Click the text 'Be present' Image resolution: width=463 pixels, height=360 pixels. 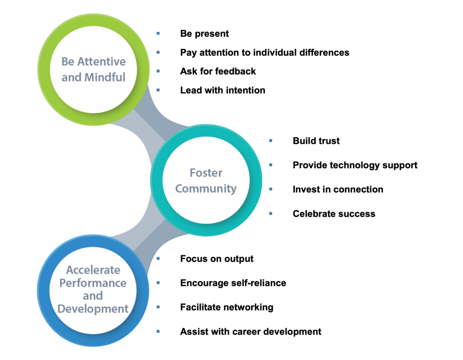[204, 34]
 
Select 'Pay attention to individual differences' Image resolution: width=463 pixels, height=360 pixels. [265, 53]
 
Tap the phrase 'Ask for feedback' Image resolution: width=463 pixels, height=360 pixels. [218, 71]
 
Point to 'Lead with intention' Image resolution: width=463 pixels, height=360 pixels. [222, 90]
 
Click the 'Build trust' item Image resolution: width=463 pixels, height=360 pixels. [316, 141]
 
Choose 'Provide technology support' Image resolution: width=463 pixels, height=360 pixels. [355, 166]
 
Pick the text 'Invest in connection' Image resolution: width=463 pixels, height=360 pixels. [338, 189]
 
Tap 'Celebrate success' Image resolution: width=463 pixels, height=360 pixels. [334, 214]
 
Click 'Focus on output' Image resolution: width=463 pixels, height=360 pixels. [217, 259]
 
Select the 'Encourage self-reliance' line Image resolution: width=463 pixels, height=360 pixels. [233, 283]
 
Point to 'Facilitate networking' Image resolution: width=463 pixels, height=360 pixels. [227, 308]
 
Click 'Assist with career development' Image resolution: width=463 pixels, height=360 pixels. [250, 332]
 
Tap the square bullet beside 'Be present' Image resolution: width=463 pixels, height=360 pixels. [158, 33]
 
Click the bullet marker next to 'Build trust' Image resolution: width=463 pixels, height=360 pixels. [271, 141]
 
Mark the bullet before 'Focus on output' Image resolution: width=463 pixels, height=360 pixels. [158, 259]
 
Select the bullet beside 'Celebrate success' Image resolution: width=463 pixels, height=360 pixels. [271, 213]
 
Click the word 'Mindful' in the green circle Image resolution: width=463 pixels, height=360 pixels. [105, 77]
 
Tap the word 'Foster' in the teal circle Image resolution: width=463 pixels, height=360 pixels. [206, 173]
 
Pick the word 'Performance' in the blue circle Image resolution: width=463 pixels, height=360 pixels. [93, 283]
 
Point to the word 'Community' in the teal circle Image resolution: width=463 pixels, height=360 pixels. [206, 189]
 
